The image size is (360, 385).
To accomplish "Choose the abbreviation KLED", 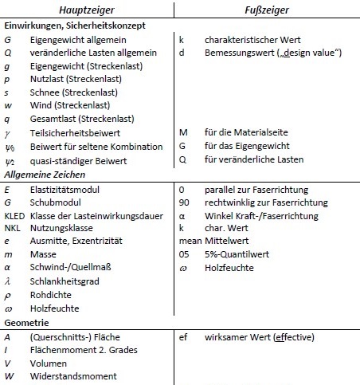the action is click(14, 216).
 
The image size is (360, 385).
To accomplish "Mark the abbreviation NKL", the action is click(12, 229).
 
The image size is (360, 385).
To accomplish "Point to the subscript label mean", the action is click(190, 242).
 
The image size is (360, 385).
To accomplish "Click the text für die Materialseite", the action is click(247, 132).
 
